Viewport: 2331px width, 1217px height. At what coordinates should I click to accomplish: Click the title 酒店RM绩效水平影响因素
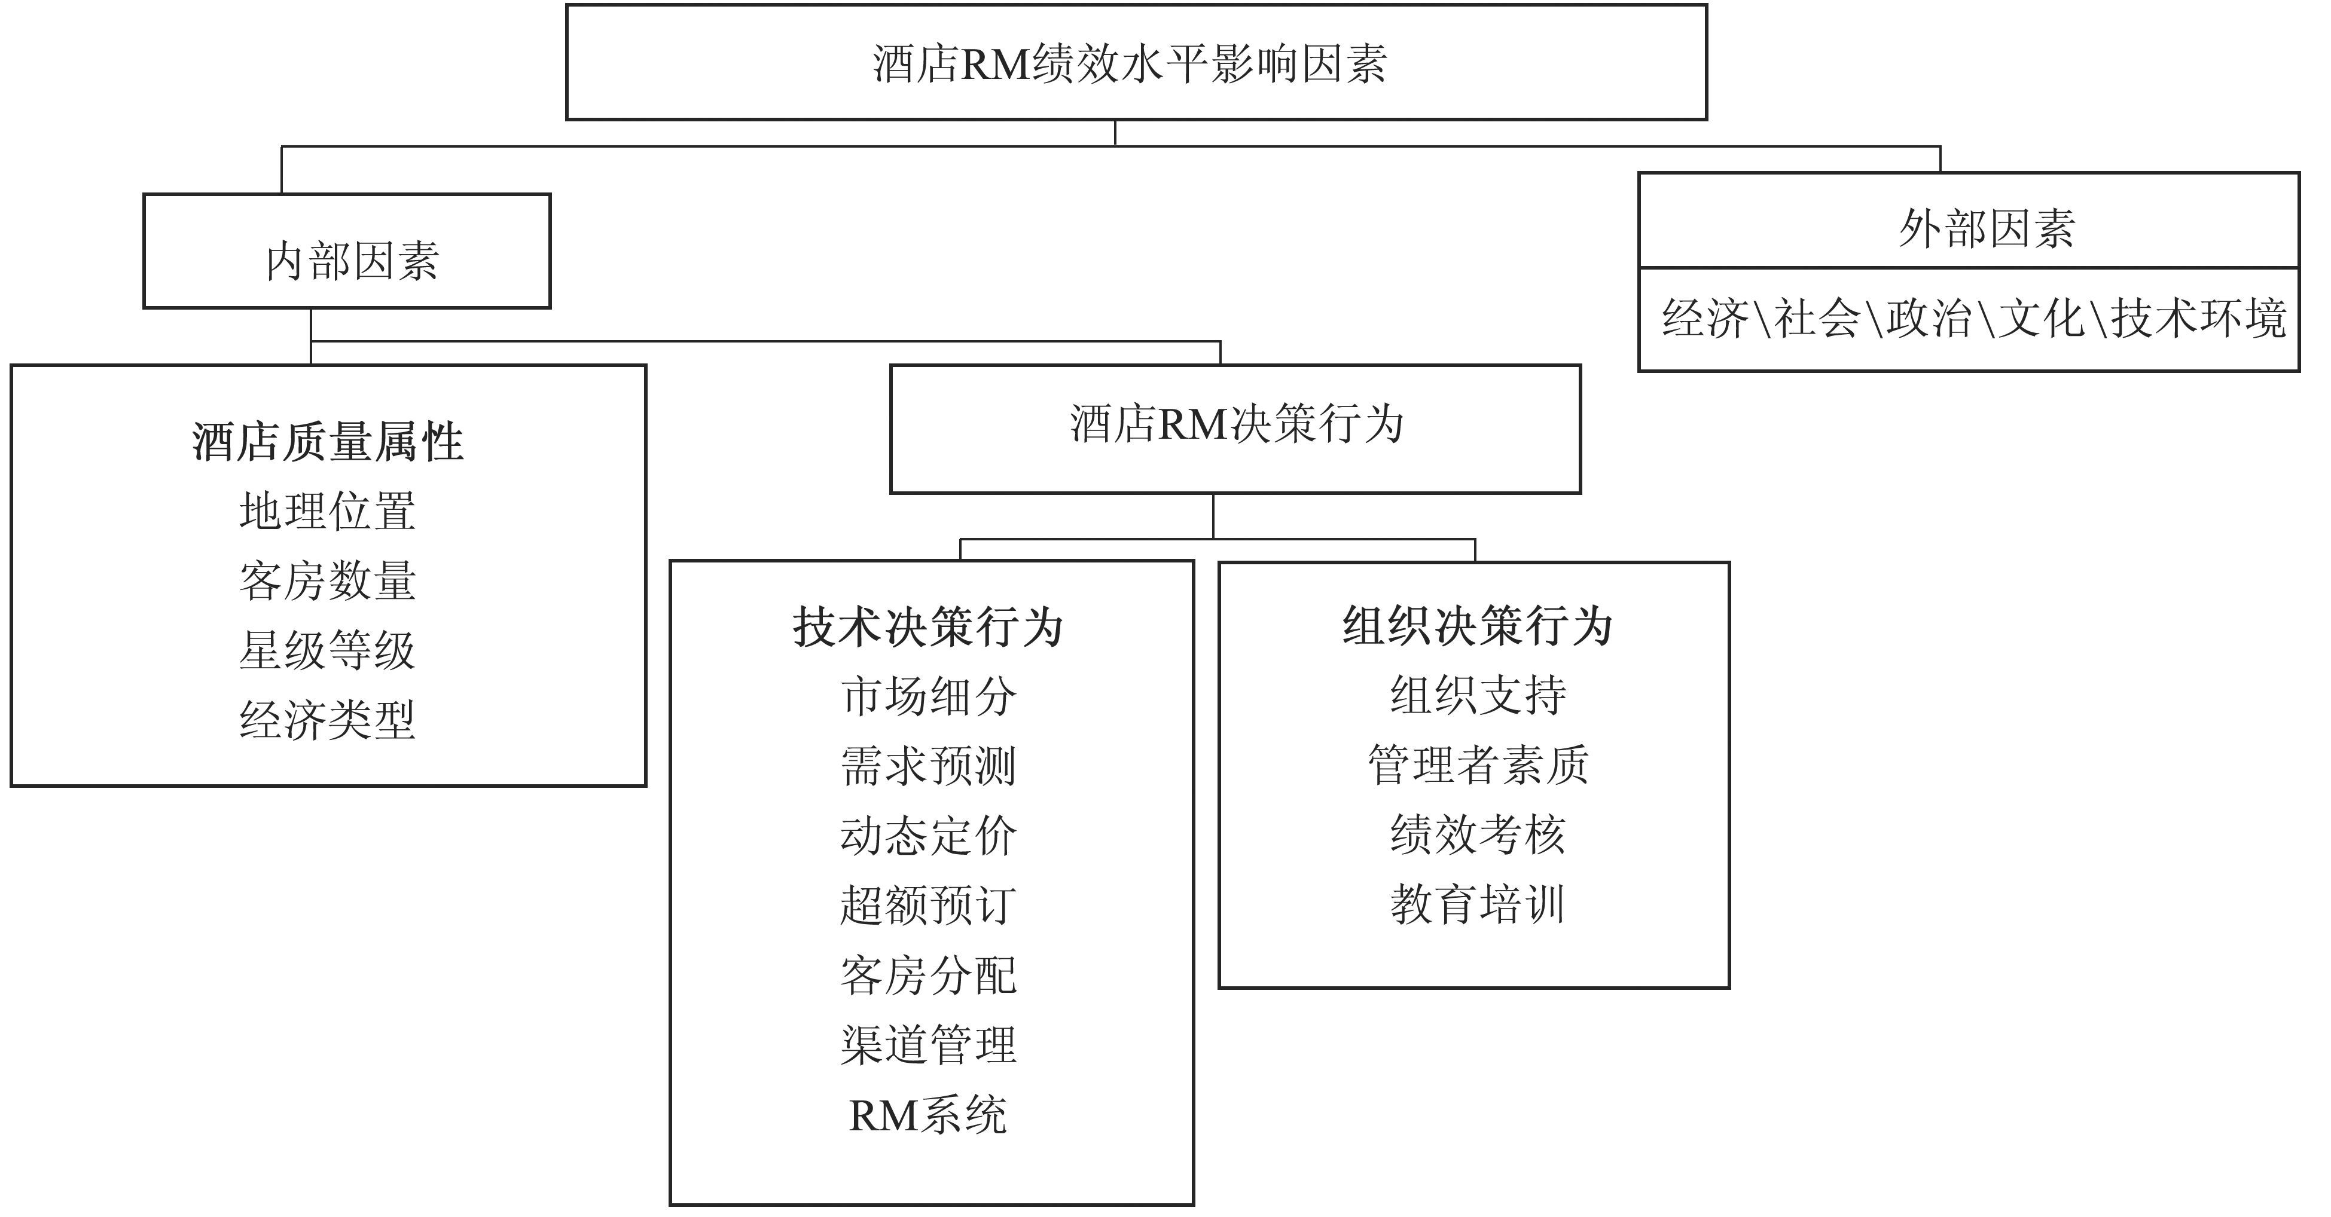(1129, 64)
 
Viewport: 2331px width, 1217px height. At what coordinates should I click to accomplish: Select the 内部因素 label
(352, 261)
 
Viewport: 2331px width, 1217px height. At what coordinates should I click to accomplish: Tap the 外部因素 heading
(1986, 228)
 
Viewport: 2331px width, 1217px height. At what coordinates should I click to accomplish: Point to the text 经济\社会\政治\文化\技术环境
(1973, 319)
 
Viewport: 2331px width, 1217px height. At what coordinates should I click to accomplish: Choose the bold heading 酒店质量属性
(328, 442)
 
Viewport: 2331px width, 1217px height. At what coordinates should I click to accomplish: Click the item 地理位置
(328, 511)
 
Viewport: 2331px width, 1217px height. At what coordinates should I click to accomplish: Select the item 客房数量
(328, 581)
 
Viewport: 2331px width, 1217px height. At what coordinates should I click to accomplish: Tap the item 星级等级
(328, 650)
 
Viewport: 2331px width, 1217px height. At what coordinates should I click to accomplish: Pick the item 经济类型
(328, 720)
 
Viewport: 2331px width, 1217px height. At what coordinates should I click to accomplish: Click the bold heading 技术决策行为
(929, 627)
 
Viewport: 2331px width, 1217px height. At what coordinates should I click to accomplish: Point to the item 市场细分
(929, 697)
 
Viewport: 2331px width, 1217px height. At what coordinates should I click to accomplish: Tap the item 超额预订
(929, 905)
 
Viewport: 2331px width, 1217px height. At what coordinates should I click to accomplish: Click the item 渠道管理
(929, 1045)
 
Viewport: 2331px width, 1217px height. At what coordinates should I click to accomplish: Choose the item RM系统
(929, 1115)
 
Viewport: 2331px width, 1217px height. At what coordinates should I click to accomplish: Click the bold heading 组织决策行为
(1478, 626)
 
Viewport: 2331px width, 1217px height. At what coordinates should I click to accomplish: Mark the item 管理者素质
(1478, 765)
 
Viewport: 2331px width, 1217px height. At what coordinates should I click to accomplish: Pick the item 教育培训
(1478, 904)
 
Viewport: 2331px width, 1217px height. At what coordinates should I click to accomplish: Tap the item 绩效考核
(1478, 834)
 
